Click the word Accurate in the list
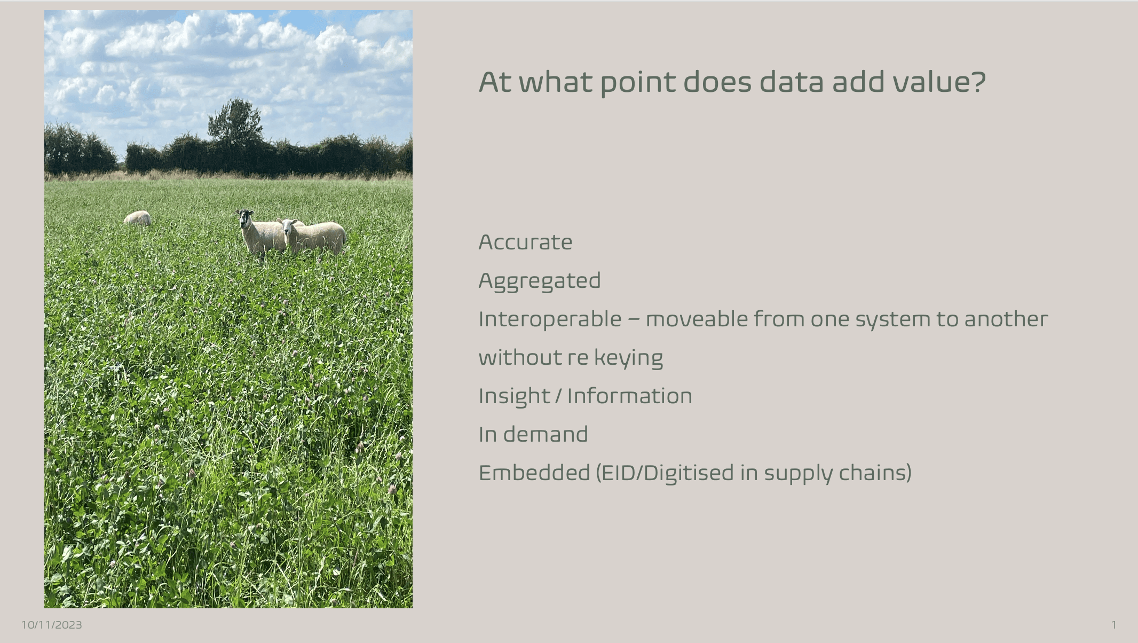click(x=525, y=242)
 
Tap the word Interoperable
click(x=550, y=320)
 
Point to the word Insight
click(x=514, y=397)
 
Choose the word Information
click(x=629, y=396)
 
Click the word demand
click(x=545, y=434)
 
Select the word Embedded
click(x=534, y=473)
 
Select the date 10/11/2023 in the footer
click(x=52, y=625)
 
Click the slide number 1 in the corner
click(x=1114, y=625)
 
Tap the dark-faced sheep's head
click(x=246, y=217)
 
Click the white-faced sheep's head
click(x=289, y=226)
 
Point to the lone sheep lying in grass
click(x=138, y=218)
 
